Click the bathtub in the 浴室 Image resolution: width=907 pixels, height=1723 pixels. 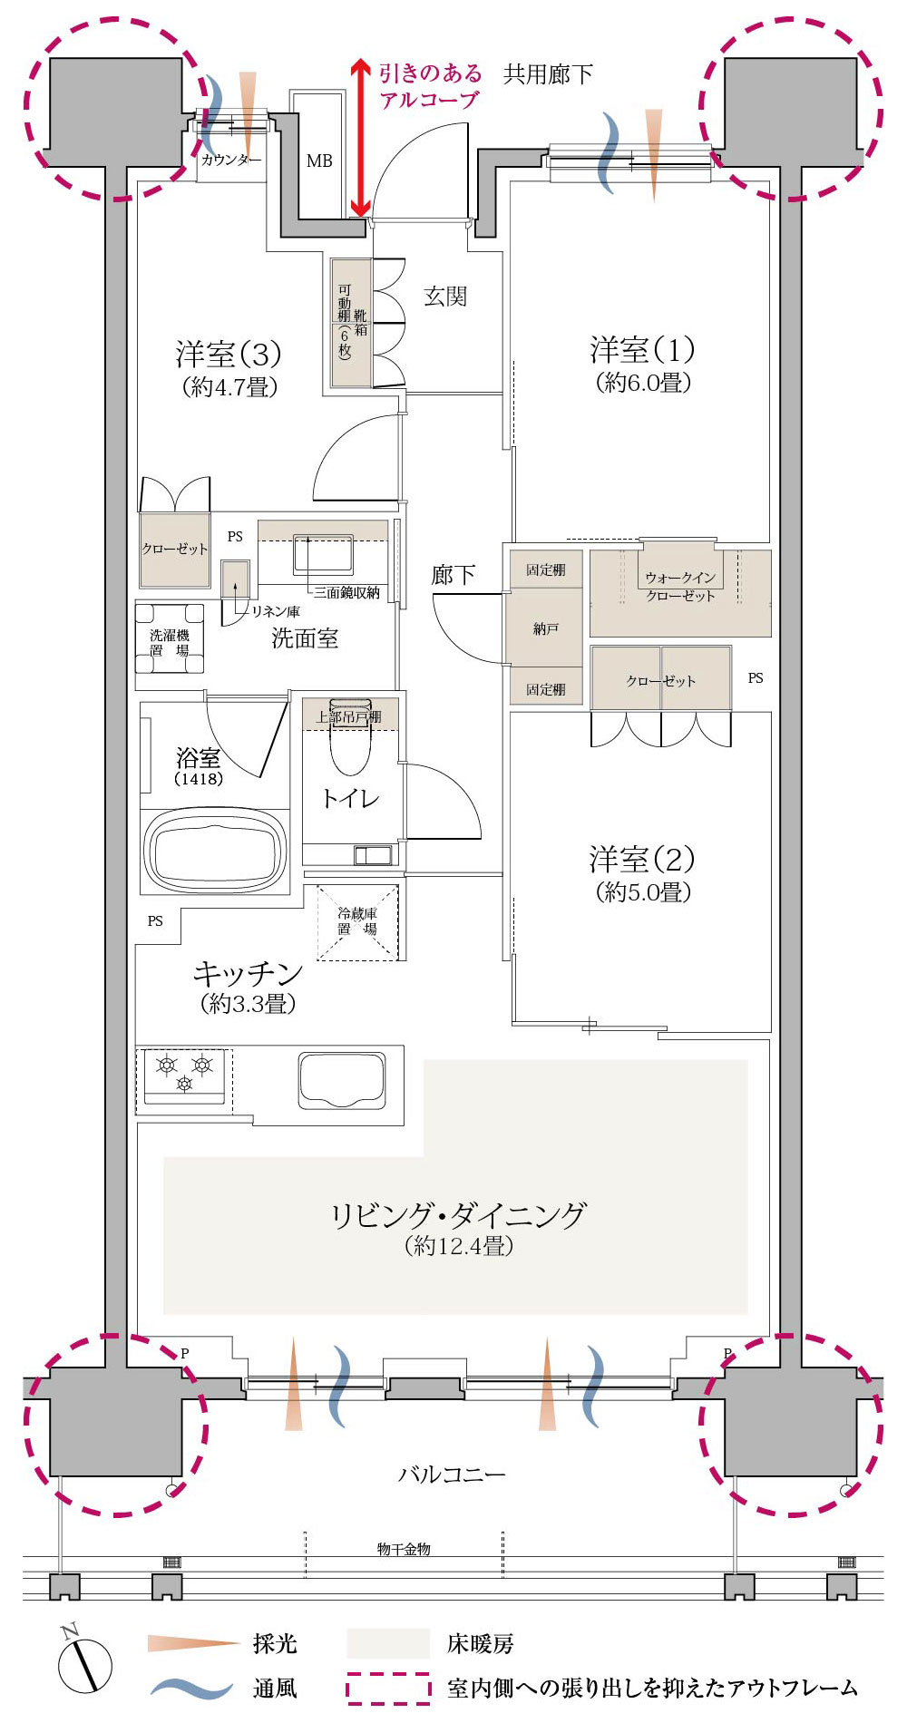coord(215,850)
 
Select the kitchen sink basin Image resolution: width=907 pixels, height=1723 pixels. coord(342,1079)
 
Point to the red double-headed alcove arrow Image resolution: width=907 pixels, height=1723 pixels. coord(360,138)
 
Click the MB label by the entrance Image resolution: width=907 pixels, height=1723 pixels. coord(319,161)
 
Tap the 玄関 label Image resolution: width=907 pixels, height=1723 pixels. coord(445,297)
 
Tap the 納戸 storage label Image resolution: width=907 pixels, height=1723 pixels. coord(545,628)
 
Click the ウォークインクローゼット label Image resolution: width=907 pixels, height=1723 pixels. coord(680,586)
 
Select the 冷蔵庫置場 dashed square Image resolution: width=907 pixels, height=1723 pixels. coord(357,921)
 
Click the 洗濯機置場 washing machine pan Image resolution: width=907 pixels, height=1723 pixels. coord(170,638)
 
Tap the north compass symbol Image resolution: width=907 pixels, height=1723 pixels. coord(84,1662)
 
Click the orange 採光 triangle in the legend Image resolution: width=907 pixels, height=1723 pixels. coord(194,1643)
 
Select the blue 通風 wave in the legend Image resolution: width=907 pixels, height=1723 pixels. coord(192,1688)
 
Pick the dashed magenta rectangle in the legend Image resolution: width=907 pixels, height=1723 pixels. coord(388,1688)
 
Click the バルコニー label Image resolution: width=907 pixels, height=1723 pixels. coord(452,1475)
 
